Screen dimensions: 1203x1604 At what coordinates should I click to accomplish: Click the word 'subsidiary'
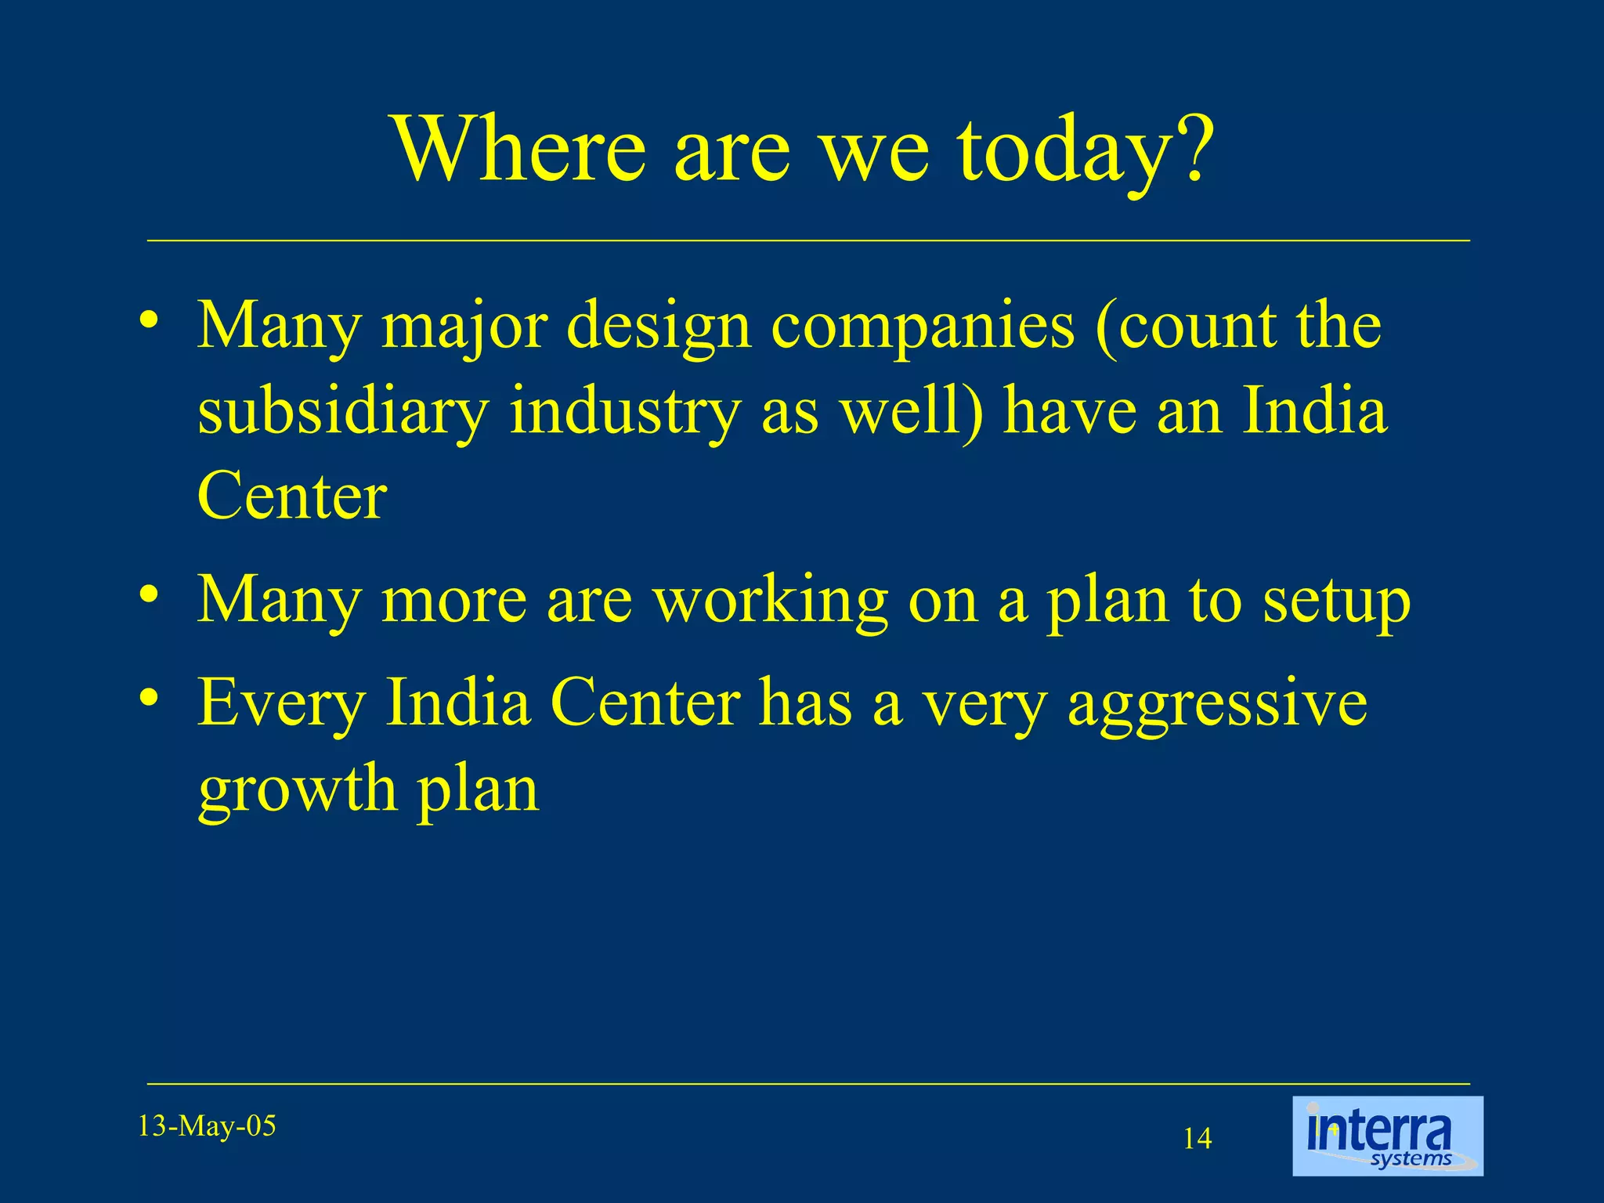(x=343, y=413)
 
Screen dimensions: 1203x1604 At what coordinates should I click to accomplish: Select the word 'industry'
(x=624, y=413)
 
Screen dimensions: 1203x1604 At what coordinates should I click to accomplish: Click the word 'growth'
(x=298, y=791)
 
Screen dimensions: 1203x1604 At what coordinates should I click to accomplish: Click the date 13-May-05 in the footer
(x=207, y=1126)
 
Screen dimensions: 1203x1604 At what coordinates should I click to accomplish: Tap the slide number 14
(x=1197, y=1138)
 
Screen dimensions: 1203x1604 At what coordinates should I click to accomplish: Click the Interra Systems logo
(x=1387, y=1136)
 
